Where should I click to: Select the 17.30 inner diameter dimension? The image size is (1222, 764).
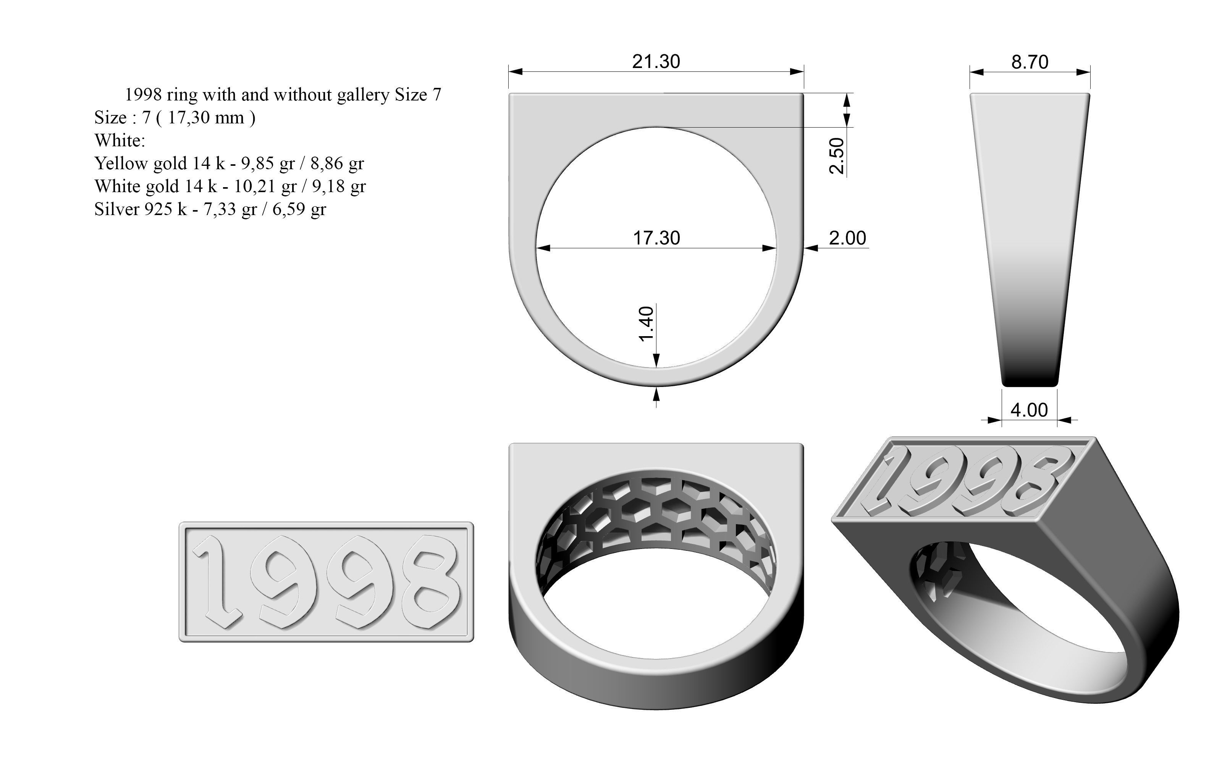656,238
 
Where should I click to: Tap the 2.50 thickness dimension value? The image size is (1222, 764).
837,155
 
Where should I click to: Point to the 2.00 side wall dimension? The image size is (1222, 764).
847,238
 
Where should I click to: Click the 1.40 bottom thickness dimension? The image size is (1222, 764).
647,324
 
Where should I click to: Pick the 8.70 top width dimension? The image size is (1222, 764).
1030,62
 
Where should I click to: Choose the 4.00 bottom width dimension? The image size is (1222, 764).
1029,410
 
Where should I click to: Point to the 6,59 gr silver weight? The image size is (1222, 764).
299,209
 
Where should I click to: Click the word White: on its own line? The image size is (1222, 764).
120,141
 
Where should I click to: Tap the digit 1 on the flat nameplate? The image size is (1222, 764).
218,581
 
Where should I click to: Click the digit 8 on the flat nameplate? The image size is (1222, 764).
433,581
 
